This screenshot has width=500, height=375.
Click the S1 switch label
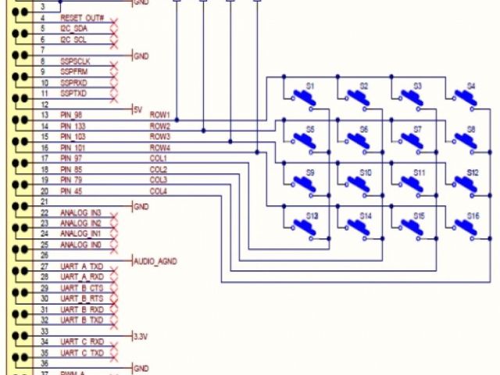pos(310,85)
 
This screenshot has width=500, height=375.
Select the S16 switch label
pos(473,215)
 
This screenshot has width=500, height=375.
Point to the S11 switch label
pos(420,172)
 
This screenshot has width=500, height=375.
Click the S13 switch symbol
pos(302,227)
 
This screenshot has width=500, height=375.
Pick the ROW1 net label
pos(160,115)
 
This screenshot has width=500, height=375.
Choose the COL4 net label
pos(159,191)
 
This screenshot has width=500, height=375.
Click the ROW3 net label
pos(160,137)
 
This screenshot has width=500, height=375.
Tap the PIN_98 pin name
pos(73,115)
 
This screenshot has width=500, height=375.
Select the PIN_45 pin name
pos(73,191)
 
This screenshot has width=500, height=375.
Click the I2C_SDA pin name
pos(74,29)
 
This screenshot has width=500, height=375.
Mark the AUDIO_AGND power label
pos(155,261)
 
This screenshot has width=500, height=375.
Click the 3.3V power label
pos(141,336)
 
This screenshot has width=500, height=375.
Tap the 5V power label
pos(138,109)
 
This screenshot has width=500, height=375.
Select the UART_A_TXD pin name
pos(81,266)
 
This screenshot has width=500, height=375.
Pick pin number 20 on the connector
pos(45,191)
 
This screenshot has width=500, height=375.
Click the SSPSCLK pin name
pos(76,61)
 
